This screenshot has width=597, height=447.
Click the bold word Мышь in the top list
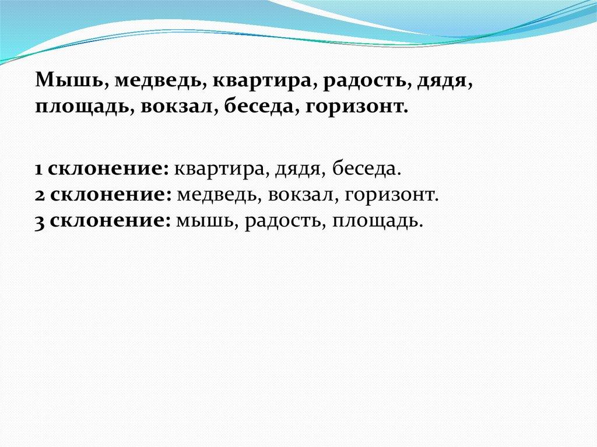(x=69, y=80)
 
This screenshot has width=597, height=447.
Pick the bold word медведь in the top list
(x=157, y=82)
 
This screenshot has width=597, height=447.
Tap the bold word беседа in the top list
(x=258, y=107)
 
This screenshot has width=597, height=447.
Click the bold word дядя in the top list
(x=442, y=82)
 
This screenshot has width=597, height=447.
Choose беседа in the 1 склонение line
(x=364, y=168)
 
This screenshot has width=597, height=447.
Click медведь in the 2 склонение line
(x=217, y=195)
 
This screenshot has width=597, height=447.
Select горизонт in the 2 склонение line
(x=389, y=196)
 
